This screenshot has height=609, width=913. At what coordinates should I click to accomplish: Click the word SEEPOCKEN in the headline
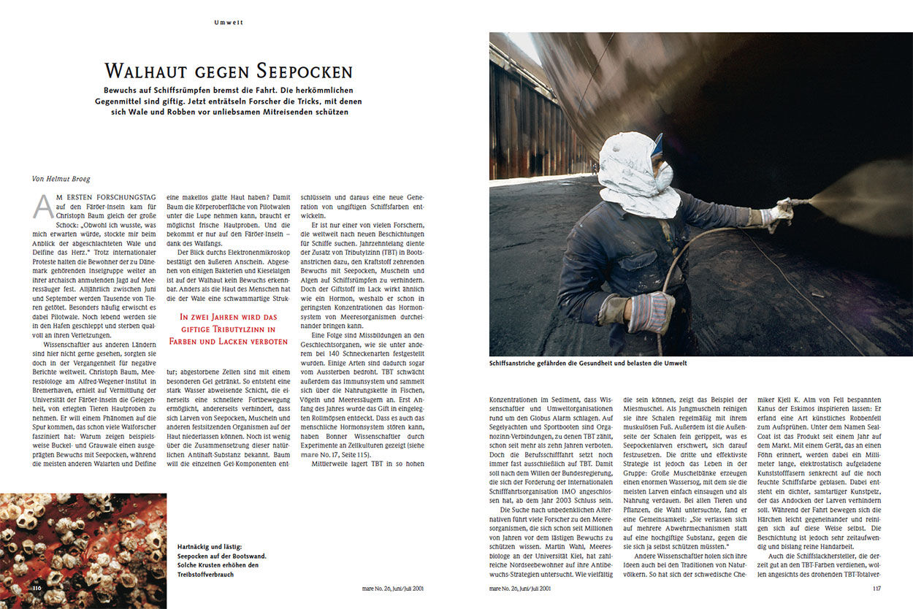[305, 72]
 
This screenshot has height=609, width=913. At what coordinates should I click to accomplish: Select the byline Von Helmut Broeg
[62, 178]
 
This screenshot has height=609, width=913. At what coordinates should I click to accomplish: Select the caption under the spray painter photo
[588, 363]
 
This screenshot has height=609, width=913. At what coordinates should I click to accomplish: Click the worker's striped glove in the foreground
[650, 312]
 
